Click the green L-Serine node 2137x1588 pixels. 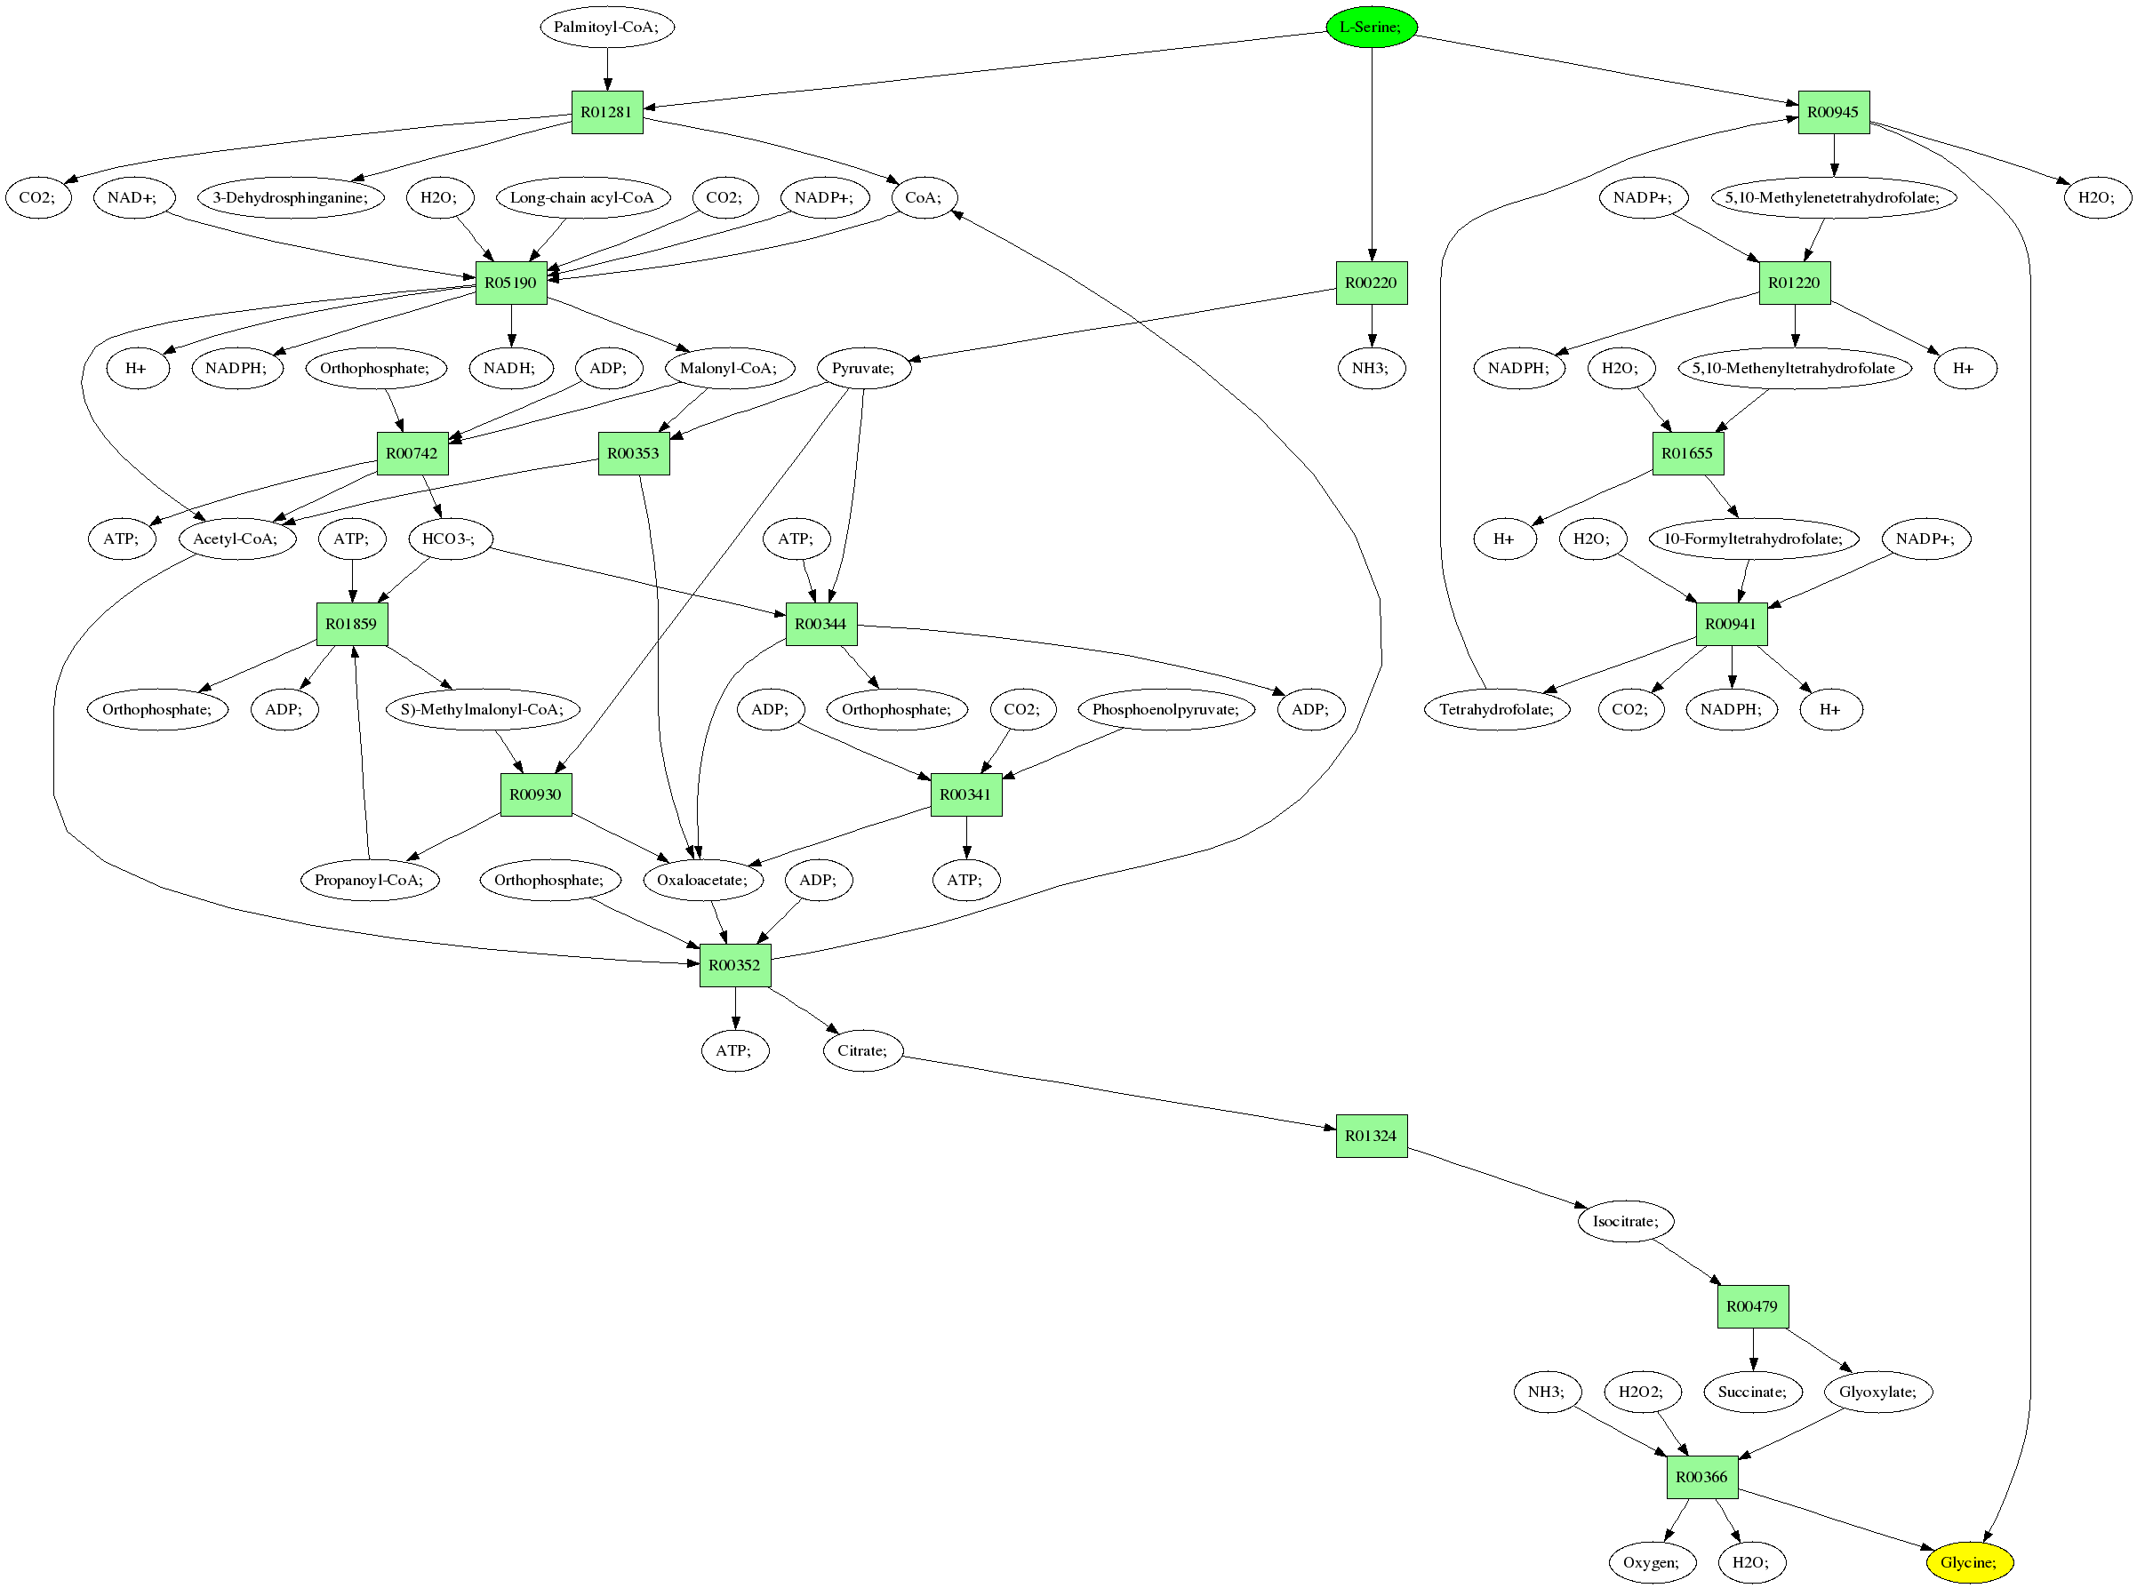point(1371,27)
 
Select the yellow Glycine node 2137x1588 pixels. point(1969,1562)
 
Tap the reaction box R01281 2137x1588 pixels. point(606,113)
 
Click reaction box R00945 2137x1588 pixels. point(1833,113)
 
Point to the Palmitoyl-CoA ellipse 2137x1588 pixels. point(606,27)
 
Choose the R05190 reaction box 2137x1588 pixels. point(510,283)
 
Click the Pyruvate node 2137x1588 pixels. point(863,368)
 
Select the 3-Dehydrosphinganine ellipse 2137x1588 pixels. point(291,198)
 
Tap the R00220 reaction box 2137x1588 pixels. point(1371,283)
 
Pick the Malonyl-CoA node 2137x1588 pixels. point(729,368)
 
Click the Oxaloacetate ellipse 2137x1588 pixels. point(701,880)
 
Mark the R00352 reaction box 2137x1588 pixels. point(734,965)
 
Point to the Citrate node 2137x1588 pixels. point(862,1050)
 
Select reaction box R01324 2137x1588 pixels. point(1371,1137)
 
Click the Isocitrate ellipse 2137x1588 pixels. point(1625,1221)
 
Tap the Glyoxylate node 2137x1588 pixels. point(1877,1392)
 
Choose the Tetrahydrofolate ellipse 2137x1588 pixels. point(1496,709)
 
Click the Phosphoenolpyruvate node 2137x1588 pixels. point(1165,709)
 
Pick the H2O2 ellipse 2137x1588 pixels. point(1641,1392)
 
